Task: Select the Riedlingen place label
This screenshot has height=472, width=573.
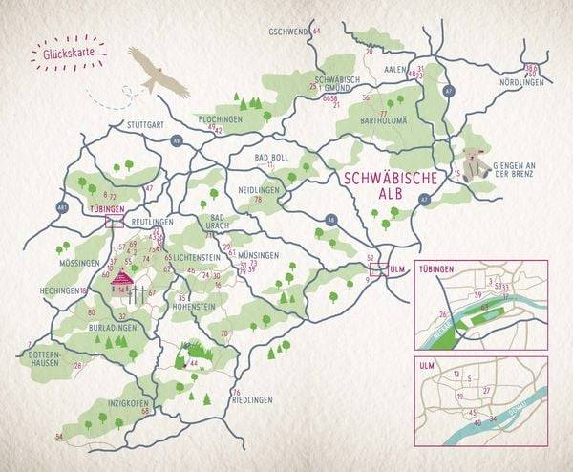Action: coord(252,398)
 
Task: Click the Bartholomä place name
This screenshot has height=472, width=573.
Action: coord(384,120)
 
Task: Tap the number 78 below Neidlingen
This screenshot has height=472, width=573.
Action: coord(258,199)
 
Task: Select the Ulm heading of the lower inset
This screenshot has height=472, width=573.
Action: coord(427,364)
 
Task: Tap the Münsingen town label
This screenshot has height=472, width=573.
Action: coord(260,255)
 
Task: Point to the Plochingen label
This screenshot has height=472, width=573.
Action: coord(221,118)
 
